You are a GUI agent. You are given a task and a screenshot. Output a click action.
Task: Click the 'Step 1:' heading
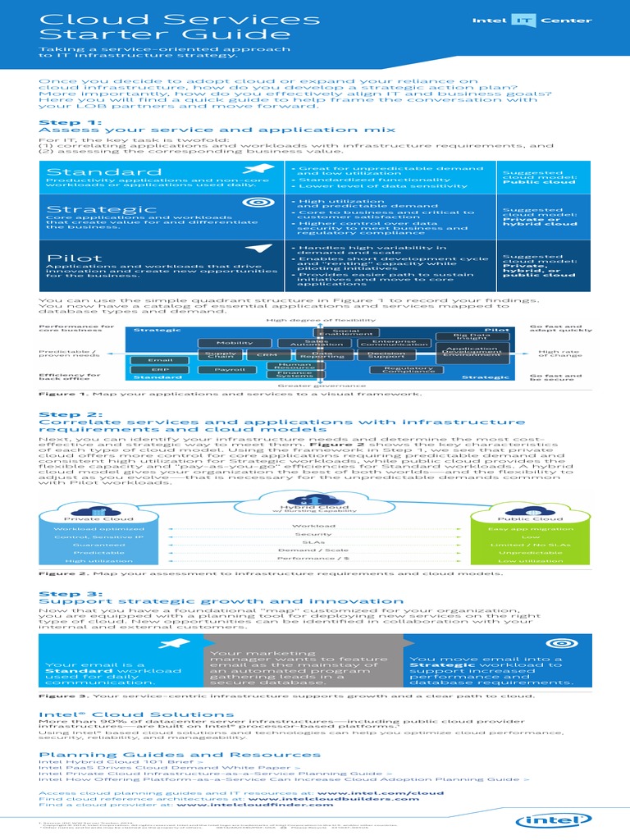[x=61, y=122]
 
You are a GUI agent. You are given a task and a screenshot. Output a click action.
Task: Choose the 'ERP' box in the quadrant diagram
[x=159, y=370]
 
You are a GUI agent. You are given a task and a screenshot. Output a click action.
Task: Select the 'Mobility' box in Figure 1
[x=211, y=342]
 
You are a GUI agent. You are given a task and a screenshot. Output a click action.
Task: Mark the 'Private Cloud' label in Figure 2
[x=88, y=518]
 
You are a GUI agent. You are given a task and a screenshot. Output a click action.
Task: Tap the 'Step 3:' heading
[x=60, y=592]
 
